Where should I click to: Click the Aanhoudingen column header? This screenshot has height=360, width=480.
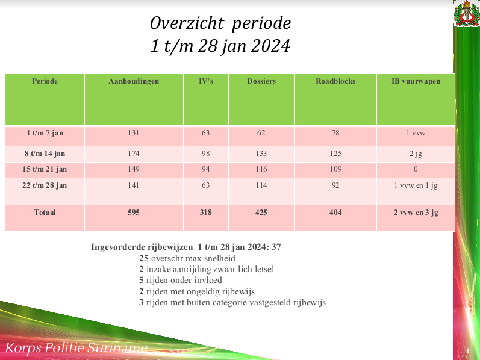tap(134, 81)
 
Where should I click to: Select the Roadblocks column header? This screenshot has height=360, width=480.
tap(335, 81)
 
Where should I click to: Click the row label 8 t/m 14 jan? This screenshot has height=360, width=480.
tap(45, 154)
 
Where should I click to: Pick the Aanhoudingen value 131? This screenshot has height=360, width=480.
tap(134, 133)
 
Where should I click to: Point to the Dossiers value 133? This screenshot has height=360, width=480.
tap(261, 154)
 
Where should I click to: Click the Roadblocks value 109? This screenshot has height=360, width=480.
tap(335, 169)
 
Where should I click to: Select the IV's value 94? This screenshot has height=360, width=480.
tap(206, 169)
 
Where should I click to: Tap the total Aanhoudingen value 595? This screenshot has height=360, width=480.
tap(134, 213)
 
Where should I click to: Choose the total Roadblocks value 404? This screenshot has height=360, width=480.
tap(335, 213)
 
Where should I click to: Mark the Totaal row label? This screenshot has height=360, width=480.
tap(45, 213)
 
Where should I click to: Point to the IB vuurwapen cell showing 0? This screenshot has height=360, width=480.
tap(416, 169)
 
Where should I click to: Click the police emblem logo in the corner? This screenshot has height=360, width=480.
tap(467, 14)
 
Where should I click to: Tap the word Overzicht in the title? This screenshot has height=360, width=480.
tap(187, 23)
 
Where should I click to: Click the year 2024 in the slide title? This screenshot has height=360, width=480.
tap(270, 46)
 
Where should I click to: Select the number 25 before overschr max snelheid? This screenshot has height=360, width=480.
tap(144, 258)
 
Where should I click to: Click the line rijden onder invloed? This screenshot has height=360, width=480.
tap(181, 280)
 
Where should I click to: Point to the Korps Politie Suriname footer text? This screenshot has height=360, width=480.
tap(76, 348)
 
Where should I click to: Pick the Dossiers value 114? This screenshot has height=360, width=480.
tap(261, 185)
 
